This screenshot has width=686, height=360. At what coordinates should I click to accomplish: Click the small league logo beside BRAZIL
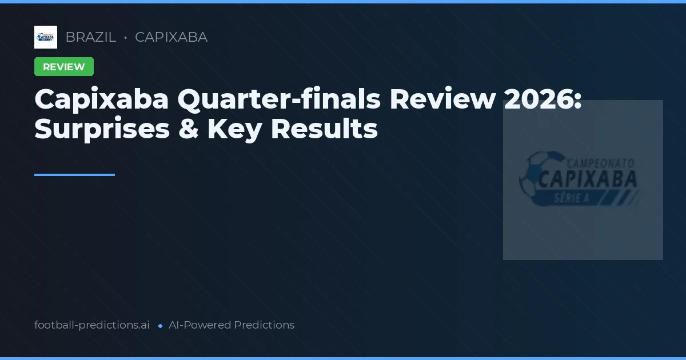[x=46, y=37]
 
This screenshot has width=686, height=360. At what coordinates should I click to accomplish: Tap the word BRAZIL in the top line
[x=90, y=37]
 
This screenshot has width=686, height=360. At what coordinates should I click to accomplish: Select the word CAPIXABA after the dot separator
[x=171, y=37]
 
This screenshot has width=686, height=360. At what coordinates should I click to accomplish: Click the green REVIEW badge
[x=64, y=67]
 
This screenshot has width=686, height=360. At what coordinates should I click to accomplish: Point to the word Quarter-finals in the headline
[x=278, y=99]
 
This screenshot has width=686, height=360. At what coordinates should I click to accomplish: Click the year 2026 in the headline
[x=544, y=99]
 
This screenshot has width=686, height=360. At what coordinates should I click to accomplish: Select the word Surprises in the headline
[x=102, y=129]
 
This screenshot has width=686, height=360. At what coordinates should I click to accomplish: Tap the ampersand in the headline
[x=188, y=129]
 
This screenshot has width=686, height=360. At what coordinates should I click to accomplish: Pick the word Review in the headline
[x=442, y=99]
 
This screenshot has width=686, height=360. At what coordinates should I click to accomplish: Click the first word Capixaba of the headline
[x=102, y=99]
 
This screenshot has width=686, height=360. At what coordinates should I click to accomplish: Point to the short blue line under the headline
[x=74, y=175]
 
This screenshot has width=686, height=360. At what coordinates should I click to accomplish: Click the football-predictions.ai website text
[x=92, y=325]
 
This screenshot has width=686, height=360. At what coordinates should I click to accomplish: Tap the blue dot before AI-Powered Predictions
[x=160, y=326]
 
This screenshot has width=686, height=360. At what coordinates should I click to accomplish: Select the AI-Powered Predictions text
[x=232, y=325]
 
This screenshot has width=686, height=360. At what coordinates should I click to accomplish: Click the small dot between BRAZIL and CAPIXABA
[x=125, y=38]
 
